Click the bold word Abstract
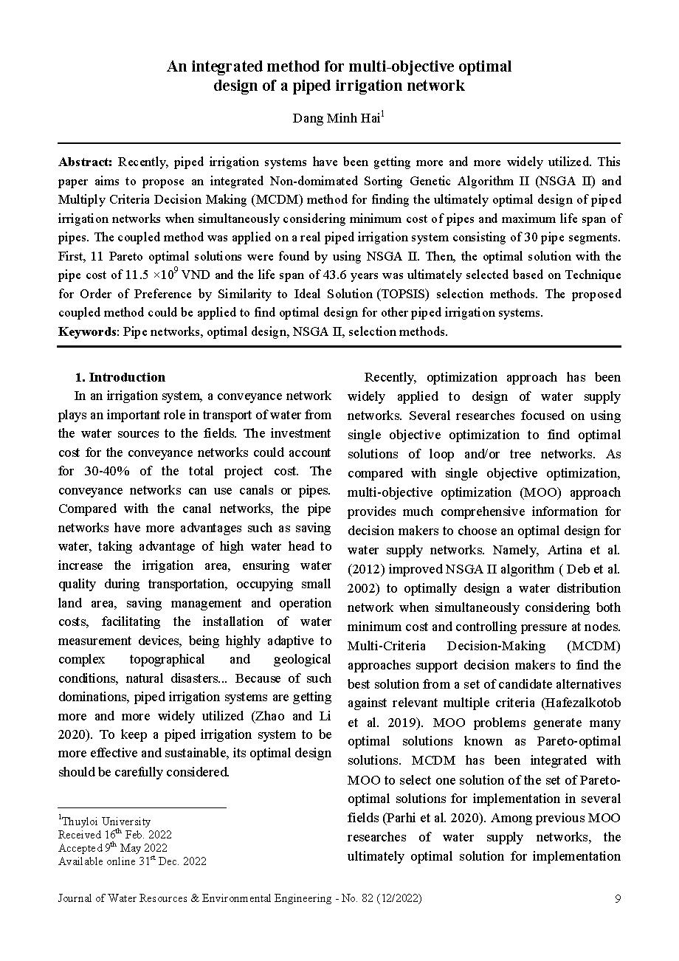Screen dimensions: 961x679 (x=85, y=162)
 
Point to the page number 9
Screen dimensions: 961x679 (x=617, y=898)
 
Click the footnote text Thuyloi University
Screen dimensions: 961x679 (x=106, y=821)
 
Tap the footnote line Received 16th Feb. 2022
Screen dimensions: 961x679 (x=114, y=834)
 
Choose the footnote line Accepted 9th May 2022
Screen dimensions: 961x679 (x=112, y=847)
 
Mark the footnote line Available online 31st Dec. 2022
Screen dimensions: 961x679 (x=132, y=861)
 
